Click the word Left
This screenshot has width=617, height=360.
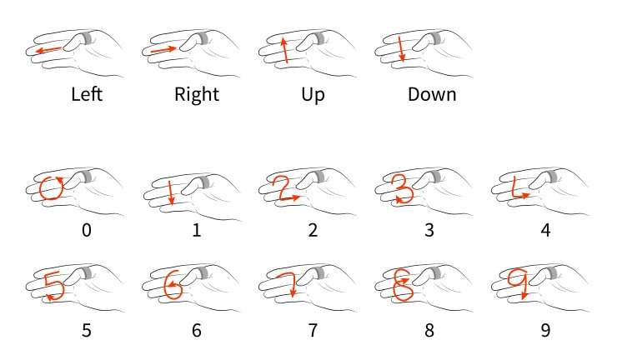point(87,94)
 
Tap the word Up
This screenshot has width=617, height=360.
point(313,96)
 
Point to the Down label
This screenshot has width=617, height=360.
point(432,94)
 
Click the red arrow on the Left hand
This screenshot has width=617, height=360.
point(48,50)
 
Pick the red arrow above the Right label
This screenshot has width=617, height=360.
point(163,49)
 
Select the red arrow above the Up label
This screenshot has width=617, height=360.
point(284,50)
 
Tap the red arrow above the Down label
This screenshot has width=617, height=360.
point(400,49)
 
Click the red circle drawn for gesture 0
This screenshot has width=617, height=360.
point(41,189)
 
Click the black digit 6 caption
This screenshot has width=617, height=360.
point(197,331)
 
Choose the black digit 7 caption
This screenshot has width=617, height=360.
point(313,331)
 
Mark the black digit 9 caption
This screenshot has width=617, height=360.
point(546,331)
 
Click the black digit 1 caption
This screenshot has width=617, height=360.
point(197,230)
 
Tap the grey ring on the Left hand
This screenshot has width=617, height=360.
point(87,38)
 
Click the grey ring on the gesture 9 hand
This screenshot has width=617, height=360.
point(552,272)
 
